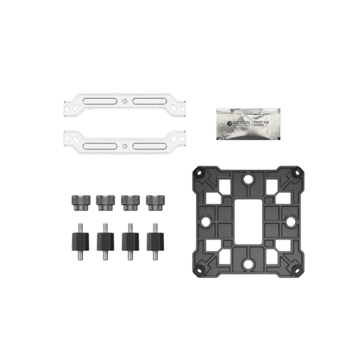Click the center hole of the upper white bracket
(x=123, y=101)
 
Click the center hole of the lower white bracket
(x=123, y=144)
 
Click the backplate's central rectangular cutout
(x=246, y=218)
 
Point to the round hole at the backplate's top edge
(x=246, y=178)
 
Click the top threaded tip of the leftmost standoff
(x=80, y=226)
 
